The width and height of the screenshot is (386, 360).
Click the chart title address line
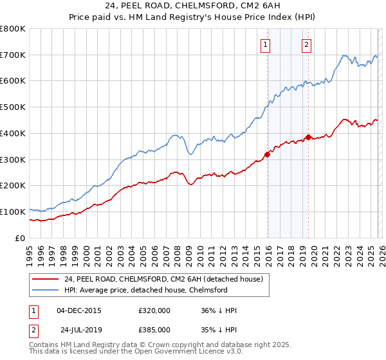(x=192, y=6)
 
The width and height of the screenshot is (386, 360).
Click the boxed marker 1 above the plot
(x=265, y=44)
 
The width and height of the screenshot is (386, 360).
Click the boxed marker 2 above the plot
(x=306, y=44)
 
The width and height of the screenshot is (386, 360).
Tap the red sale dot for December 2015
(x=267, y=154)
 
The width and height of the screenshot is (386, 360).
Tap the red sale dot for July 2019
(x=308, y=137)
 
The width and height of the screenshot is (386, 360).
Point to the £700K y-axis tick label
(x=13, y=55)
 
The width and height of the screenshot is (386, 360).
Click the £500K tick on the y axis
(x=13, y=107)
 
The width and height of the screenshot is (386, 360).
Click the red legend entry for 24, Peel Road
(x=163, y=280)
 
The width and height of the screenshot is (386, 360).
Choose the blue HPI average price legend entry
(x=146, y=291)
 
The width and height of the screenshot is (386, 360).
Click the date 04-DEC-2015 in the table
(x=78, y=310)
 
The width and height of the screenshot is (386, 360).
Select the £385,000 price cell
(x=154, y=329)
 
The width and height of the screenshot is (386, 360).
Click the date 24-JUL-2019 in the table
(x=78, y=329)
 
